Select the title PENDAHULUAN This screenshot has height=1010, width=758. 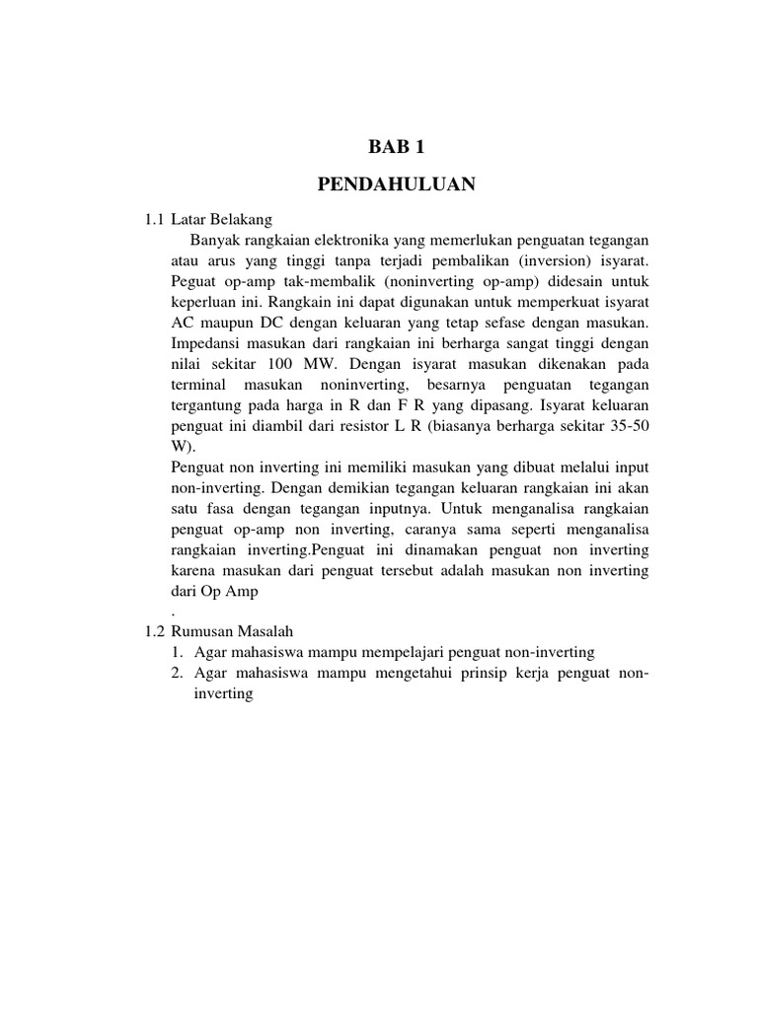pos(396,183)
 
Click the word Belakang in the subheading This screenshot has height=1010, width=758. pos(240,218)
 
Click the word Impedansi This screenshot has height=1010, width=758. pos(207,343)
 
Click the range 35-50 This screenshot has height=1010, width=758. pos(627,426)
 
